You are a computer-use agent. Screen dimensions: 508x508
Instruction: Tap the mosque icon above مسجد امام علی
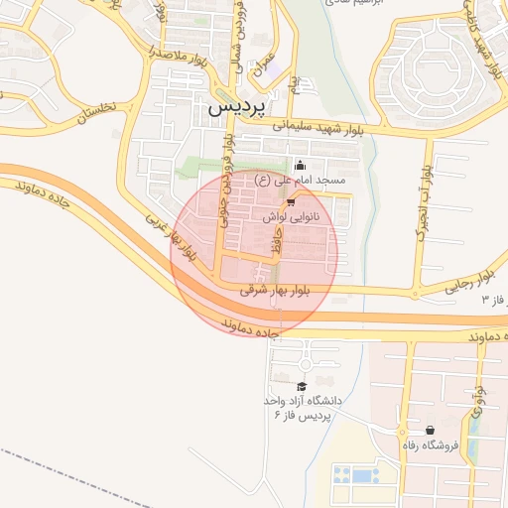[x=301, y=166]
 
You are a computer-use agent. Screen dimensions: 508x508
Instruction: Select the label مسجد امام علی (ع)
[x=300, y=181]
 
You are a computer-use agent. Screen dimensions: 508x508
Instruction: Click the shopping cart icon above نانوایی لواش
[x=291, y=200]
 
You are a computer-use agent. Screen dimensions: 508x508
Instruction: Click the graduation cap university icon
[x=302, y=386]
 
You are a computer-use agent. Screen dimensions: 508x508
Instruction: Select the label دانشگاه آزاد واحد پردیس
[x=302, y=406]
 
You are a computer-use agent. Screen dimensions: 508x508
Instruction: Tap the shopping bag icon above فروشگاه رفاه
[x=430, y=431]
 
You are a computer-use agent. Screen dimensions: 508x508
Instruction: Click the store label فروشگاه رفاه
[x=430, y=445]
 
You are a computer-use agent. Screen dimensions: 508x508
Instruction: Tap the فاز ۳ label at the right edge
[x=493, y=299]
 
